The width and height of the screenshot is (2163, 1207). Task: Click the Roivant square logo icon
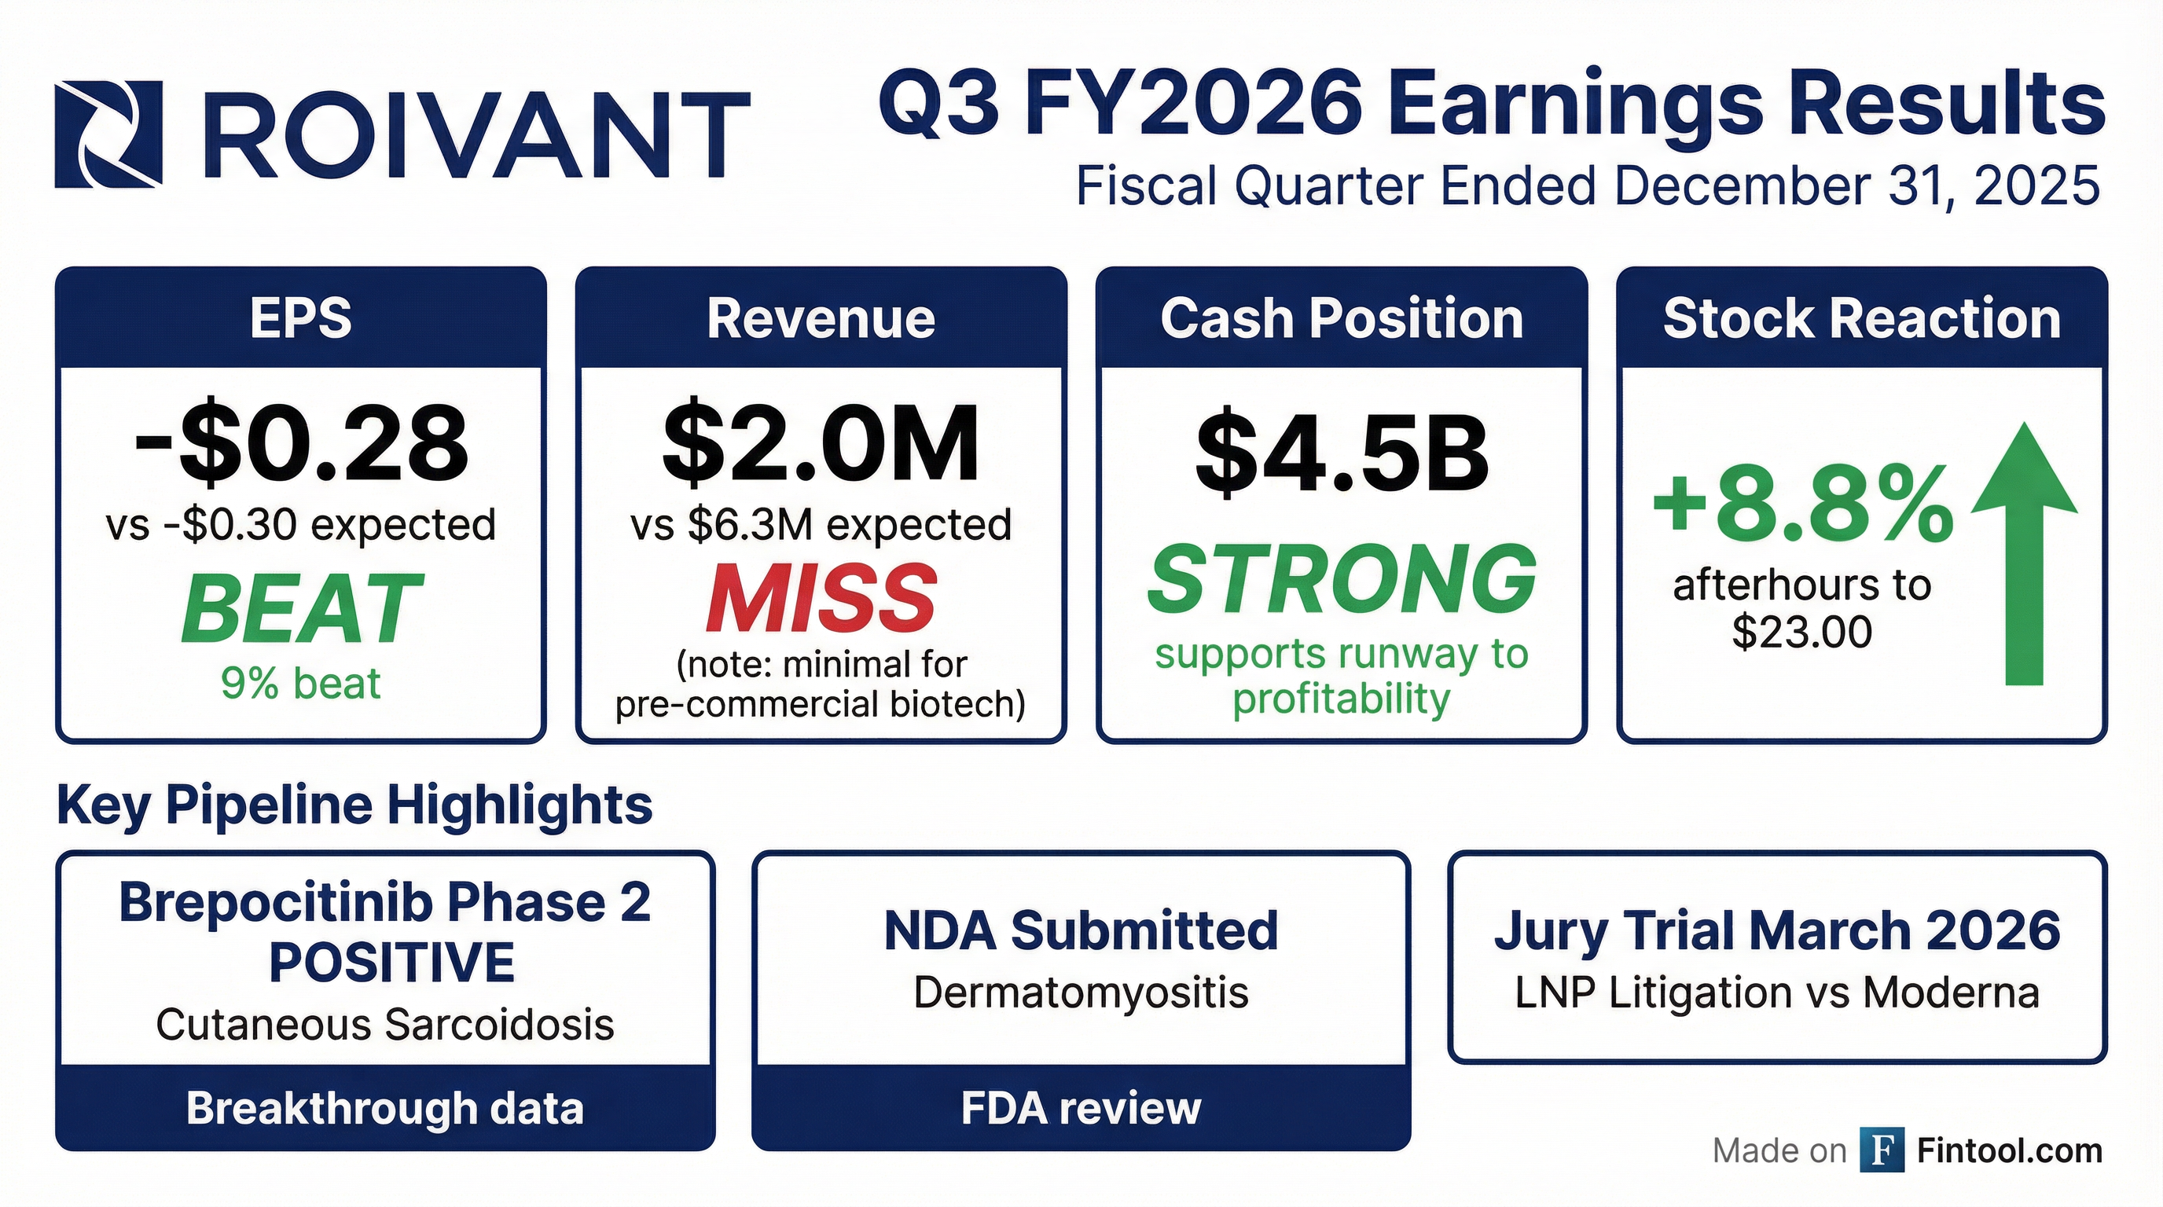click(x=108, y=134)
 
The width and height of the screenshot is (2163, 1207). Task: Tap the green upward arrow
click(x=2024, y=554)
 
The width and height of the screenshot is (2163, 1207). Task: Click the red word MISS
click(x=821, y=598)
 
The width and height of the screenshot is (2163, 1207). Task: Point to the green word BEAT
click(x=300, y=607)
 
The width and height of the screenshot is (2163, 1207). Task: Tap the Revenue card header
click(x=821, y=318)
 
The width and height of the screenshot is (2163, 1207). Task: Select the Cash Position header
click(x=1342, y=318)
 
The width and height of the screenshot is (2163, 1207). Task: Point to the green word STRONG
click(x=1342, y=578)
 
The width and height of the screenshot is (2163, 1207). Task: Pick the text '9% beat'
click(x=300, y=683)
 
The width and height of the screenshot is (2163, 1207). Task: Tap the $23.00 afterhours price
click(x=1802, y=632)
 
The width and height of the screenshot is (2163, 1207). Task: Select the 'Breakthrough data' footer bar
click(x=385, y=1107)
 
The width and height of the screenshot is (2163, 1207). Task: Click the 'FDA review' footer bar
click(x=1081, y=1107)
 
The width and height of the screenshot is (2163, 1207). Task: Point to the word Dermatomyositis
click(x=1081, y=993)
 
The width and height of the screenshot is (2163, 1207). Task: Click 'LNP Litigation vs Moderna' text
click(x=1778, y=993)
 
